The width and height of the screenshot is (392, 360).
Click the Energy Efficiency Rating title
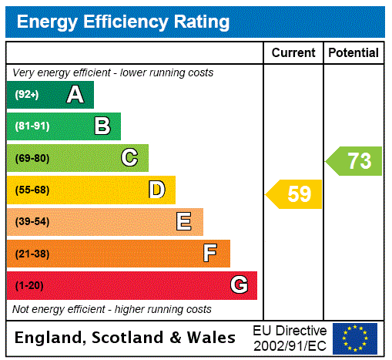coord(123,22)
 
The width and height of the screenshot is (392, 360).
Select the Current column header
coord(293,53)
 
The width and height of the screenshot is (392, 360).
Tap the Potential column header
coord(353,53)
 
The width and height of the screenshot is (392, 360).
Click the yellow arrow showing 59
coord(294,194)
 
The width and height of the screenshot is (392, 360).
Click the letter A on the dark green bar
coord(75,95)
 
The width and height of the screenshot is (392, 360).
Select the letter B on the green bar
coord(102,126)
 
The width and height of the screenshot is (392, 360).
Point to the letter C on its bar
coord(129,158)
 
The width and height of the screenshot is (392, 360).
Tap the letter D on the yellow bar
coord(156,190)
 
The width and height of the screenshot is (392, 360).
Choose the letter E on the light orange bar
coord(184,222)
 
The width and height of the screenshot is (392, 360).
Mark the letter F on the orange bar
coord(210,254)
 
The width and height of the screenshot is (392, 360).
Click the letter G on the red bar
coord(239,285)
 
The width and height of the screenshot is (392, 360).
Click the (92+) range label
coord(27,95)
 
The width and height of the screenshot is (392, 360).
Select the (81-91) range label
coord(32,126)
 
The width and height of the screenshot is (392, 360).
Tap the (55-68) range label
coord(32,190)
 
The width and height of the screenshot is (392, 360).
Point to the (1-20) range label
coord(29,286)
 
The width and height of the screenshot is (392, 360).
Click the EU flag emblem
coord(354,338)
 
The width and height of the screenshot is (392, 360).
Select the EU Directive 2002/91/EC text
coord(290,338)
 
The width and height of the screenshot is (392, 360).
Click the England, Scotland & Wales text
coord(126,338)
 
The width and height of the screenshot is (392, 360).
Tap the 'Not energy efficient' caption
coord(112,309)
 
